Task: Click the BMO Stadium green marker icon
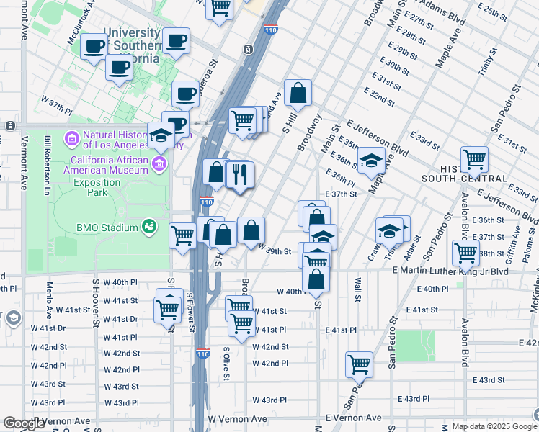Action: (149, 227)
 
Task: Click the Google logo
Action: (24, 423)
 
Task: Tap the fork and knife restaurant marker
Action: (241, 174)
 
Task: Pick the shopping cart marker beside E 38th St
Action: (466, 252)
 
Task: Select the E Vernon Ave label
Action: (353, 418)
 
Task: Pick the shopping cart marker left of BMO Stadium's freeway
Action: (183, 234)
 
